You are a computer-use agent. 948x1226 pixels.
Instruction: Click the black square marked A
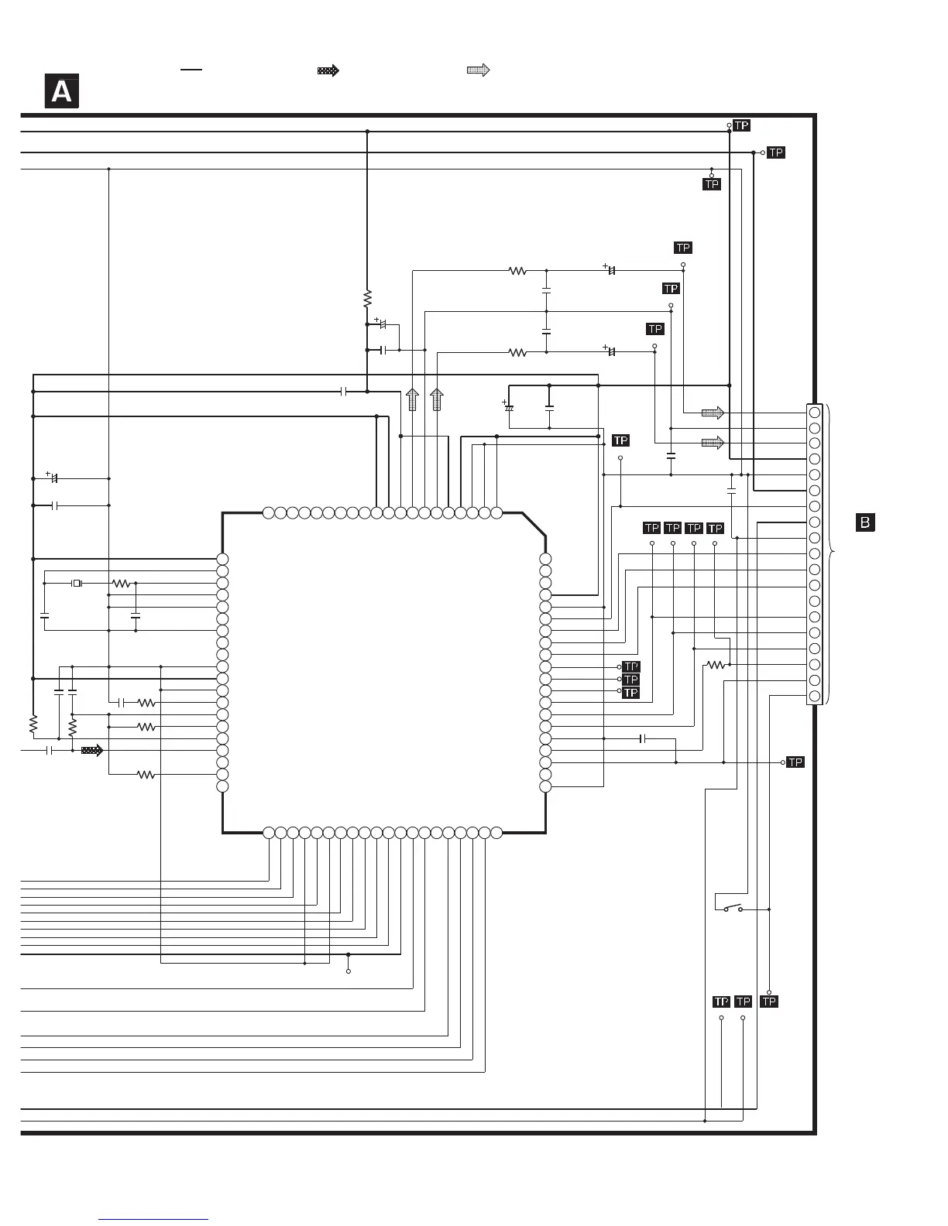point(61,92)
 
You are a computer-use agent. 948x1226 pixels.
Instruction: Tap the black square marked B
point(864,522)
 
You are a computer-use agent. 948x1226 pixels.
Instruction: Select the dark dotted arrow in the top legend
point(328,70)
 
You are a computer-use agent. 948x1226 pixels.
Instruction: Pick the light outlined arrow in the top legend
point(479,70)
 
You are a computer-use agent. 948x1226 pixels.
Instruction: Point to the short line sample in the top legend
point(191,70)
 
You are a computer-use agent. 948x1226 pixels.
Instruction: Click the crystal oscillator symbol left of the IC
point(77,583)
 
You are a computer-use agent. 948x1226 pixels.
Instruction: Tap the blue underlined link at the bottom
point(153,1220)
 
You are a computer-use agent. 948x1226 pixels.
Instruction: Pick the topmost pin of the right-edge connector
point(814,413)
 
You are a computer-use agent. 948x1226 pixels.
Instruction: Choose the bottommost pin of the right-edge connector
point(814,697)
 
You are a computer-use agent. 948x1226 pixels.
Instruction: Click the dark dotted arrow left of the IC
point(92,750)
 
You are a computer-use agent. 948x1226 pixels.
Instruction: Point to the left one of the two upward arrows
point(413,399)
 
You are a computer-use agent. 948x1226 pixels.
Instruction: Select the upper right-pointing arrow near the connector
point(713,413)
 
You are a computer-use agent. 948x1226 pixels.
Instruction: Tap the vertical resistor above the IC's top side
point(367,299)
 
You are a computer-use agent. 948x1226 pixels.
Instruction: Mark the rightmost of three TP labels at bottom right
point(768,1002)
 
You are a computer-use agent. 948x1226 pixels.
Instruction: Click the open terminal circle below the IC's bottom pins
point(349,971)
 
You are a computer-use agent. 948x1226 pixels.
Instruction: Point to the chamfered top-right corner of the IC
point(534,523)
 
